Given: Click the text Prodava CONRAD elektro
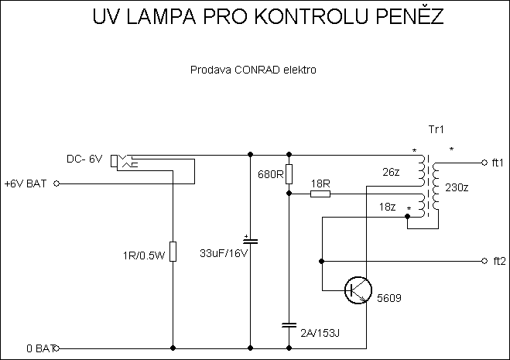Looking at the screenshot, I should click(253, 70).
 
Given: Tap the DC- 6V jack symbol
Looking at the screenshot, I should click(122, 161).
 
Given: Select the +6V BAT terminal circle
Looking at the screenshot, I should click(56, 184).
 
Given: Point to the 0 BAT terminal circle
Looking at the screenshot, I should click(56, 348).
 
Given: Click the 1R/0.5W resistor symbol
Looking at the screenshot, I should click(172, 252).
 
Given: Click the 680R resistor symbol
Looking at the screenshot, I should click(288, 173).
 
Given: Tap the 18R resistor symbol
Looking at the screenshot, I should click(320, 194).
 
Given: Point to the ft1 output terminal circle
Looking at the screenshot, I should click(484, 163).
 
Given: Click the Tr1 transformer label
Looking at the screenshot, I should click(436, 129).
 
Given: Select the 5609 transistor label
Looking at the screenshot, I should click(388, 298).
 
